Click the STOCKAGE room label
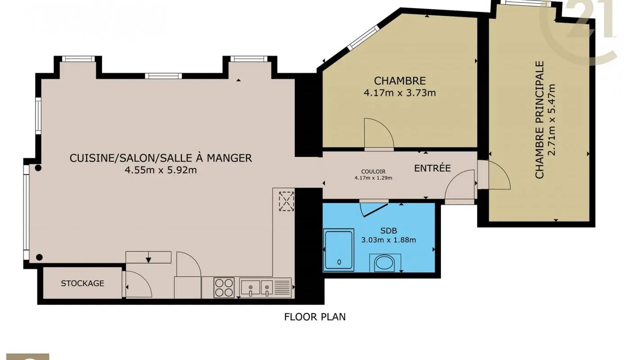[x=82, y=283]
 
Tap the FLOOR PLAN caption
[x=315, y=316]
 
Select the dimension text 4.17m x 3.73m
[x=400, y=93]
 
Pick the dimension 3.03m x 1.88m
[x=388, y=240]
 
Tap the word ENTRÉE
[x=432, y=168]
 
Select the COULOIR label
[x=373, y=171]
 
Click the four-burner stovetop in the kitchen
[x=224, y=287]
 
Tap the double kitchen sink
[x=256, y=287]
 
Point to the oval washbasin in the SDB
[x=385, y=263]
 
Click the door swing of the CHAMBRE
[x=377, y=133]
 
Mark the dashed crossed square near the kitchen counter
[x=286, y=201]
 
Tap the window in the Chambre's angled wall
[x=363, y=37]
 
